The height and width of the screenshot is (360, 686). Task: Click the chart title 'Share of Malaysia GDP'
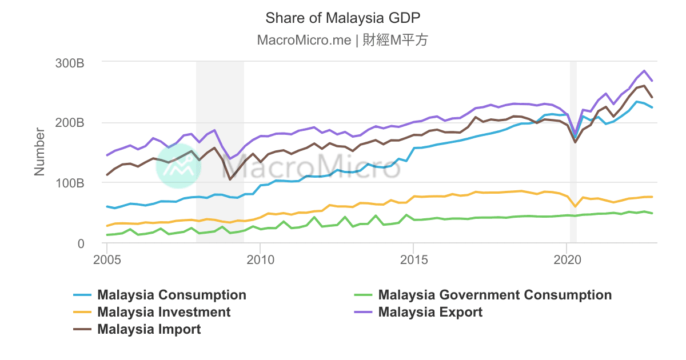(343, 18)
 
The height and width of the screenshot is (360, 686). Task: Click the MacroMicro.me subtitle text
(343, 40)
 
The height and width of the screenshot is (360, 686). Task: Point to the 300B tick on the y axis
(69, 62)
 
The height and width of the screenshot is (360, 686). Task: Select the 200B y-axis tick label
(69, 123)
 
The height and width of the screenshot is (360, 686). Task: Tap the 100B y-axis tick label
(69, 183)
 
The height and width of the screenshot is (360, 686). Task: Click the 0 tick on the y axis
(81, 244)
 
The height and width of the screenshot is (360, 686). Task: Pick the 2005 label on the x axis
(107, 259)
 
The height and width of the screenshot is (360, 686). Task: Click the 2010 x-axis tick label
(260, 259)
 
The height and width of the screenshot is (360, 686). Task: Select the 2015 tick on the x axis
(413, 259)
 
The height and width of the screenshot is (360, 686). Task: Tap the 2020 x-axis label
(567, 259)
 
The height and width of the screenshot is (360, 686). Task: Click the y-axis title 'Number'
(39, 152)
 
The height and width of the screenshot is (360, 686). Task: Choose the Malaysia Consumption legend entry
(171, 295)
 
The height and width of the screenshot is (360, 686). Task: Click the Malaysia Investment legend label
(164, 312)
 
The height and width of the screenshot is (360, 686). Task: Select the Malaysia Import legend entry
(149, 329)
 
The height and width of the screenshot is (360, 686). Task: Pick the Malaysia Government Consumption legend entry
(494, 295)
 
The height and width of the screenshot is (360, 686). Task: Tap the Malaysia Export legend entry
(430, 312)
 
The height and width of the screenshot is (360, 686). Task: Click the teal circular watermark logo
(178, 166)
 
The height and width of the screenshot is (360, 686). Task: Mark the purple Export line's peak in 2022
(644, 71)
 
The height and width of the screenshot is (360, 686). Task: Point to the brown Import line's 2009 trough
(230, 179)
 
